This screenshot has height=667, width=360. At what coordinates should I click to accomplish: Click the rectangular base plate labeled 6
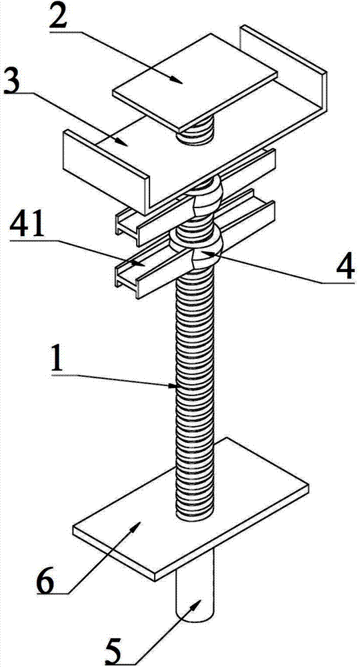pyautogui.click(x=190, y=509)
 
